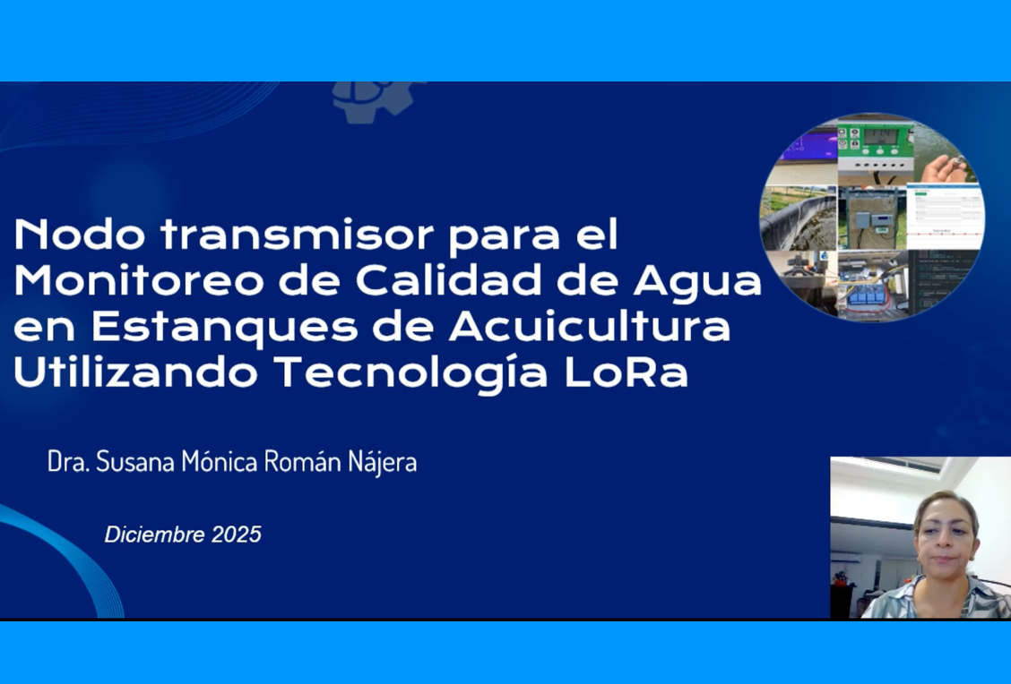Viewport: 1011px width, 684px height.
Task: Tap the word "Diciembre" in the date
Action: [x=155, y=535]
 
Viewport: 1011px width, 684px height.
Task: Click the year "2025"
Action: [x=237, y=535]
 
